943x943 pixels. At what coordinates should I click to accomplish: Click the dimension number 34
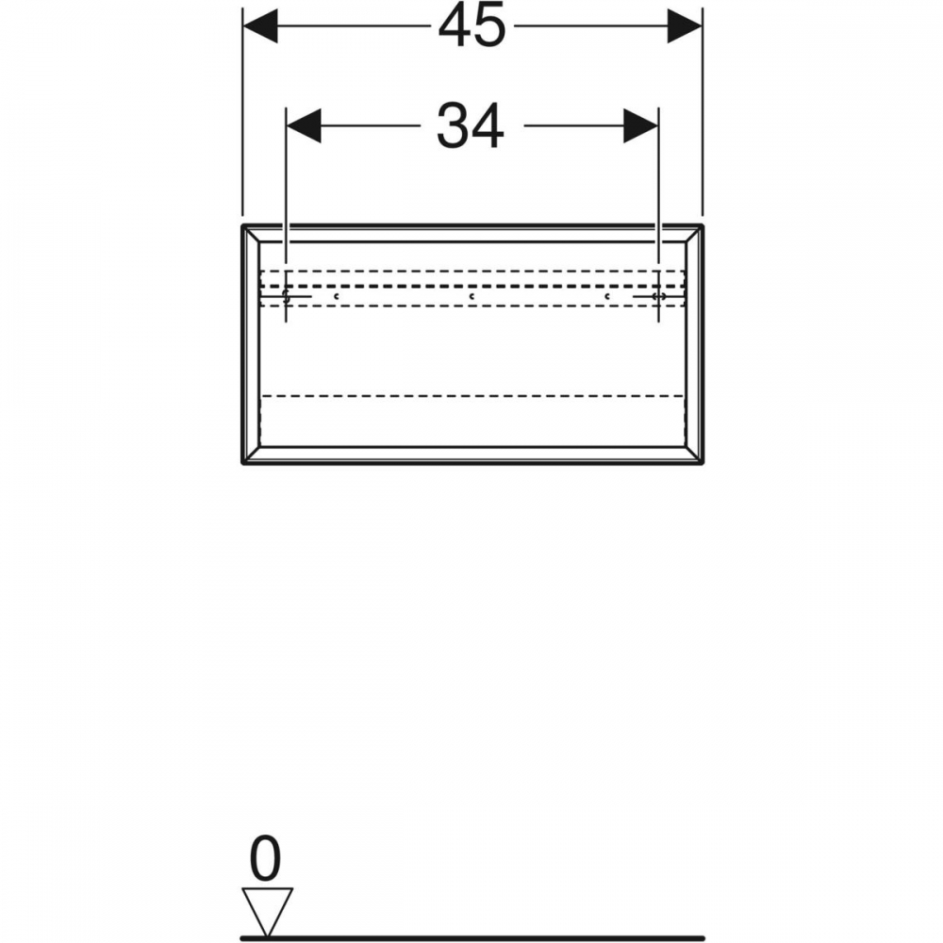(470, 126)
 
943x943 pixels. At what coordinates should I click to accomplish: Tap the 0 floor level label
(265, 858)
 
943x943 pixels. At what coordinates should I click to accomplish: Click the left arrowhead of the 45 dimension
(260, 26)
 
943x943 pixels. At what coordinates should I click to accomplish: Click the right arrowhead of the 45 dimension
(685, 26)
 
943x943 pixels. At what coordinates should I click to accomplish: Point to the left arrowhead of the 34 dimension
(304, 126)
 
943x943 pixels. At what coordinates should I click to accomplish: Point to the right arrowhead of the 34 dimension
(640, 126)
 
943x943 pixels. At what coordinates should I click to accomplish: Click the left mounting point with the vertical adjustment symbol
(287, 296)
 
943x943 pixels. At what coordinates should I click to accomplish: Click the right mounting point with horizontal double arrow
(658, 296)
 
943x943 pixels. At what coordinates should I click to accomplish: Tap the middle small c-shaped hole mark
(472, 296)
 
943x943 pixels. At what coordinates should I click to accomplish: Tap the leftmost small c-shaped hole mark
(337, 296)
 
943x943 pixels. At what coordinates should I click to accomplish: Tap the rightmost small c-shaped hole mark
(607, 296)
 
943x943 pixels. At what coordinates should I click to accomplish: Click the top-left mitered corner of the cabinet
(251, 233)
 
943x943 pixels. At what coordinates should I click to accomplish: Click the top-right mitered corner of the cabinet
(694, 233)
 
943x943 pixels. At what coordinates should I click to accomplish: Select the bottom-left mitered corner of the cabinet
(251, 455)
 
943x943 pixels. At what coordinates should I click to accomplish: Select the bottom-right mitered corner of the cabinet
(694, 455)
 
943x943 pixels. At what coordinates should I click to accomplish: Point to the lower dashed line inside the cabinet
(472, 396)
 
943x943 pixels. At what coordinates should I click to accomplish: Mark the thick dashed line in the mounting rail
(472, 287)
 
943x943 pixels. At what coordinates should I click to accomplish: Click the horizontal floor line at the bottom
(472, 937)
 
